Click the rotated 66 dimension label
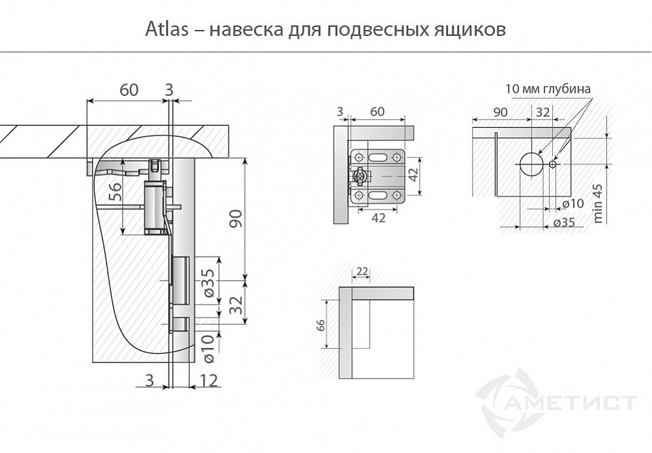321,326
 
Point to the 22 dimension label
363,271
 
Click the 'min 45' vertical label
598,203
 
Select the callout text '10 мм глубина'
548,89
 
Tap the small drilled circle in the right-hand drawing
553,164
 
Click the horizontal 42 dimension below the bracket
378,217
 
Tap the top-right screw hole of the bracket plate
396,157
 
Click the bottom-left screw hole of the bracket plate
359,195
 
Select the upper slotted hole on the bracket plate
378,157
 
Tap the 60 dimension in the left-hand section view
129,90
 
